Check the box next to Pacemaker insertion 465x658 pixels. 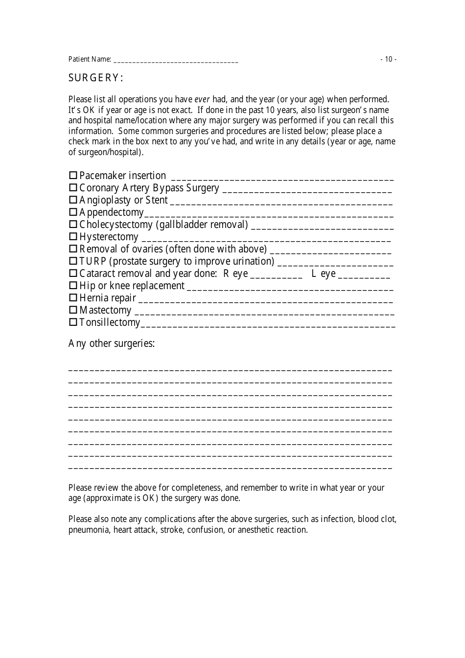click(73, 175)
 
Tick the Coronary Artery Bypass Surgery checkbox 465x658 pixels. click(73, 187)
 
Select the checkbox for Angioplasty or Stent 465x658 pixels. click(73, 200)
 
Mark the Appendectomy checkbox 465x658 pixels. click(73, 212)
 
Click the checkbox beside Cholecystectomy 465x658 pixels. click(73, 224)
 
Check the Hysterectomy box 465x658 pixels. click(73, 236)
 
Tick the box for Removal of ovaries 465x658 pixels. click(73, 249)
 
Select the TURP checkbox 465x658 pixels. click(73, 261)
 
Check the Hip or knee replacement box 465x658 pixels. click(73, 285)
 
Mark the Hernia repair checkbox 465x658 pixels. click(73, 297)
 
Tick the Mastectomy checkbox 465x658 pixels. click(73, 310)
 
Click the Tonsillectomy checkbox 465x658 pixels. click(73, 322)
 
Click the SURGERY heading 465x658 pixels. click(95, 78)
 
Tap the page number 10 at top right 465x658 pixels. click(389, 59)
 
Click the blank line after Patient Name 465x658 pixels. click(176, 60)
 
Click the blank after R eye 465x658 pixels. click(277, 275)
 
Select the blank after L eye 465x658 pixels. click(365, 275)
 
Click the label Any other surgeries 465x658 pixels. click(112, 343)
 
